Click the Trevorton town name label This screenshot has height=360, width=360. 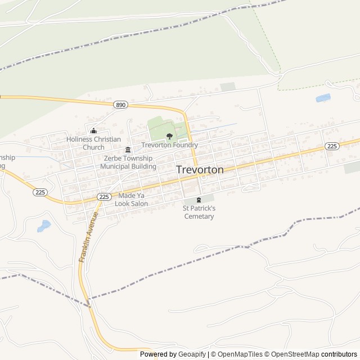pyautogui.click(x=200, y=169)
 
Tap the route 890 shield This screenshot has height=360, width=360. pyautogui.click(x=120, y=105)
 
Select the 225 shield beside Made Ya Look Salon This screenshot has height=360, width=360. pyautogui.click(x=103, y=196)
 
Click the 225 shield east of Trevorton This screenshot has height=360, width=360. pyautogui.click(x=332, y=146)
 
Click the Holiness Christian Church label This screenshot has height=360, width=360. pyautogui.click(x=93, y=143)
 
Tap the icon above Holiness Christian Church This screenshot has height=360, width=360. pyautogui.click(x=93, y=131)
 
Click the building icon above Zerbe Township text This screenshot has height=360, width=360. pyautogui.click(x=128, y=150)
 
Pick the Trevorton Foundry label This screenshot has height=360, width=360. pyautogui.click(x=169, y=145)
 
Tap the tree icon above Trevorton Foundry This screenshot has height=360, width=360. pyautogui.click(x=169, y=136)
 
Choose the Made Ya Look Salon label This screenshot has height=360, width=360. pyautogui.click(x=131, y=200)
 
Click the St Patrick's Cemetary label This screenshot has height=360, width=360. pyautogui.click(x=199, y=212)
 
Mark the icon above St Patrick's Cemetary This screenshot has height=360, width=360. pyautogui.click(x=199, y=200)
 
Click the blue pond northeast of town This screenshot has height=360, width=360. pyautogui.click(x=323, y=98)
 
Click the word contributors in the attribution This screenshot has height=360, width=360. pyautogui.click(x=339, y=354)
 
